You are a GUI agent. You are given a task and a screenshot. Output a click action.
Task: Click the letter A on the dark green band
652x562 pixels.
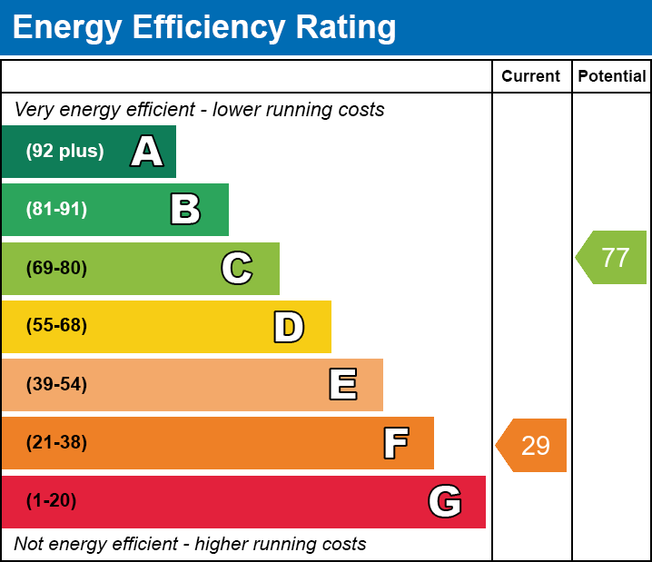tap(147, 152)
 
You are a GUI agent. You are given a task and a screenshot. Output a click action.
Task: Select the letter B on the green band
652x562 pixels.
tap(185, 210)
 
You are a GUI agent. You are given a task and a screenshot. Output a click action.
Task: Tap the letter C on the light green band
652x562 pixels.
tap(237, 268)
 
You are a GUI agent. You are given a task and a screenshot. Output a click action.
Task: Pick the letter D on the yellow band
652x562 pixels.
tap(289, 327)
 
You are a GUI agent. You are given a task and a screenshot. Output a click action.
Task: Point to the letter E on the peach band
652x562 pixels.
tap(342, 385)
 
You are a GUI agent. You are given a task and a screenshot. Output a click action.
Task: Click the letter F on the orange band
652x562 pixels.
tap(395, 443)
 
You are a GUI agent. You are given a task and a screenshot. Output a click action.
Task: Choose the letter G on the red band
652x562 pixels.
tap(445, 501)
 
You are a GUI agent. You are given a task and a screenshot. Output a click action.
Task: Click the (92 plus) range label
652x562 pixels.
tap(64, 152)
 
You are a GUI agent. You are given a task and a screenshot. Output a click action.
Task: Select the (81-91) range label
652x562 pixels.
tap(56, 210)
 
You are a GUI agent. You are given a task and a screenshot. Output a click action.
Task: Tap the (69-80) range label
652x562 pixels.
tap(56, 268)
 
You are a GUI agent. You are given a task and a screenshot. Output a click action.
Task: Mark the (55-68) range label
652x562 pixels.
tap(56, 326)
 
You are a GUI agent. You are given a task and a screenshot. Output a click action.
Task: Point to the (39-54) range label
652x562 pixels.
tap(56, 385)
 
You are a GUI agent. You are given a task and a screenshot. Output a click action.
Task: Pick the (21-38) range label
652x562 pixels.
tap(56, 443)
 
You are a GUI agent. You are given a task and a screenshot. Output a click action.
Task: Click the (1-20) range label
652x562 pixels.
tap(52, 501)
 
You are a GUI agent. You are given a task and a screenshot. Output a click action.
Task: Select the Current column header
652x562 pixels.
tap(531, 77)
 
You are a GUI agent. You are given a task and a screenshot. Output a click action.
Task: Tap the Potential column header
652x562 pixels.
tap(612, 77)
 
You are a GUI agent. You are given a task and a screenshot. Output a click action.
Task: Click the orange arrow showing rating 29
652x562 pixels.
tap(534, 446)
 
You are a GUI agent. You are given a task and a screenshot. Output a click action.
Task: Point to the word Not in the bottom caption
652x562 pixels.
tap(29, 545)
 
